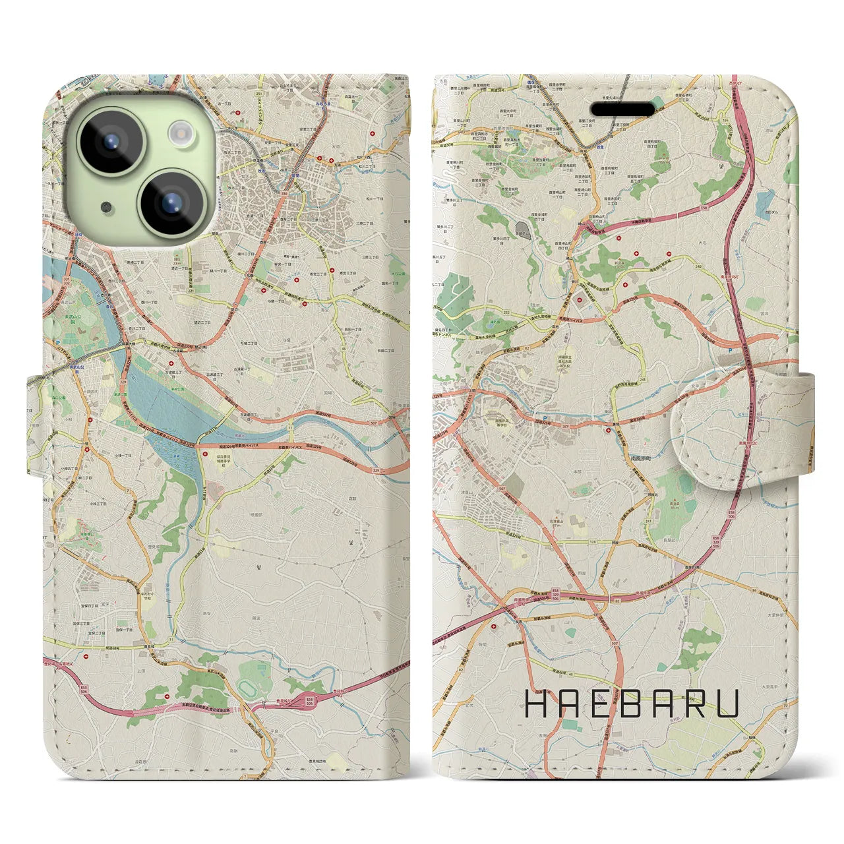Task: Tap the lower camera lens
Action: coord(169,201)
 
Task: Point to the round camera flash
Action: coord(179,135)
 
